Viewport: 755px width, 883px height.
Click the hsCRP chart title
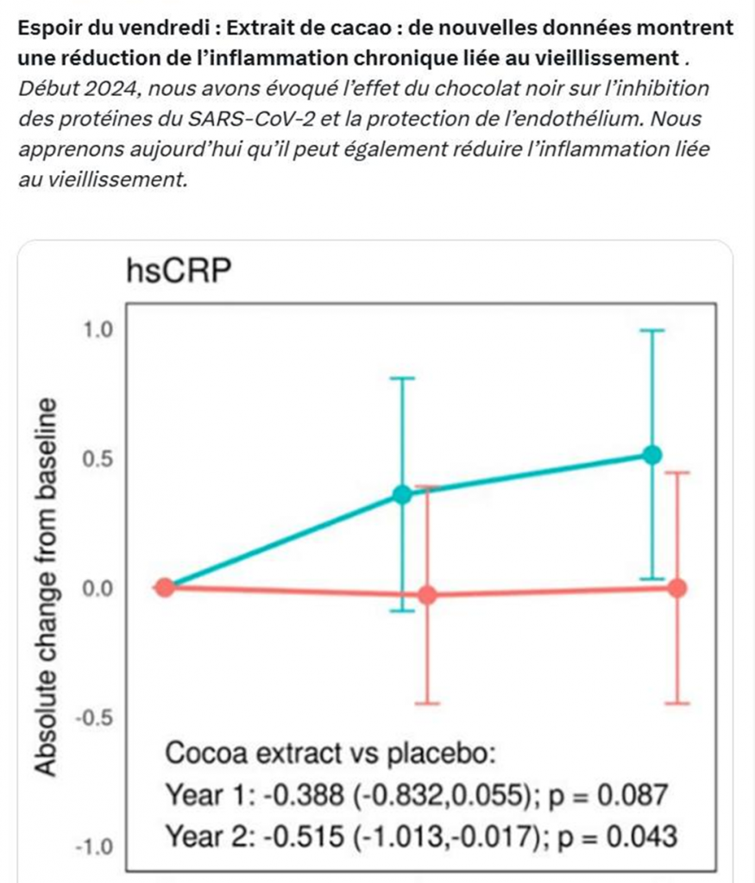(179, 272)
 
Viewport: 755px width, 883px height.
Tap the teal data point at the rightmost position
(652, 454)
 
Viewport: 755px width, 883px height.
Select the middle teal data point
(402, 494)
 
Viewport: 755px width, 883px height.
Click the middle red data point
(427, 595)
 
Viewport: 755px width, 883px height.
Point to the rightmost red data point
(677, 587)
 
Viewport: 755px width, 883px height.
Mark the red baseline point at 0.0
(165, 587)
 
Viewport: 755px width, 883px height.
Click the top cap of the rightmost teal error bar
(652, 330)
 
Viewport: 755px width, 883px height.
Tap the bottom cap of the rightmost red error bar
(677, 704)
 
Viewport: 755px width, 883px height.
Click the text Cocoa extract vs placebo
(330, 754)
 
